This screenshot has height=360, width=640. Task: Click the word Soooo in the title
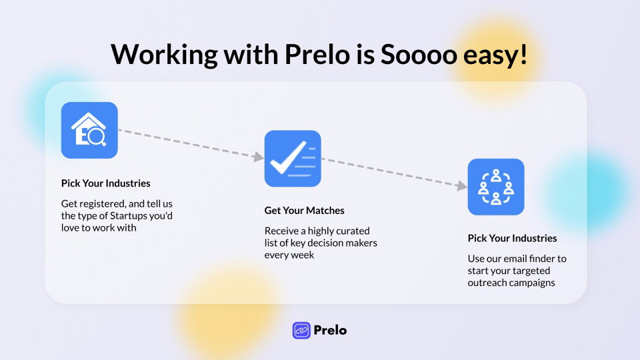pos(419,54)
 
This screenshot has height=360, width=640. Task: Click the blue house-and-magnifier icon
pos(89,130)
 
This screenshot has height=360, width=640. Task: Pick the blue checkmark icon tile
pos(293,159)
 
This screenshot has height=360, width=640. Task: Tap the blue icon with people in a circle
pos(496,187)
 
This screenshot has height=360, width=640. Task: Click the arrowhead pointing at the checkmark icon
pos(259,156)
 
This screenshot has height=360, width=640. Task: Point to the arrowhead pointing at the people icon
pos(461,186)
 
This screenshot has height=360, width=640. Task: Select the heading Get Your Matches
pos(305,211)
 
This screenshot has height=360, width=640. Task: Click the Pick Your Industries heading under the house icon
pos(106,183)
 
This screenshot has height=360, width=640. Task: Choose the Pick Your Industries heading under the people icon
pos(512,239)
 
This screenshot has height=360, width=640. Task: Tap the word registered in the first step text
pos(103,204)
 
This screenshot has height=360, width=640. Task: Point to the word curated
pos(353,231)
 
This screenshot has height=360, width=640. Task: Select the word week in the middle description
pos(304,255)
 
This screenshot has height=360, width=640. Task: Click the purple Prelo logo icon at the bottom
pos(301,330)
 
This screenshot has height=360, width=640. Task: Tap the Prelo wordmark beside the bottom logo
pos(330,330)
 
